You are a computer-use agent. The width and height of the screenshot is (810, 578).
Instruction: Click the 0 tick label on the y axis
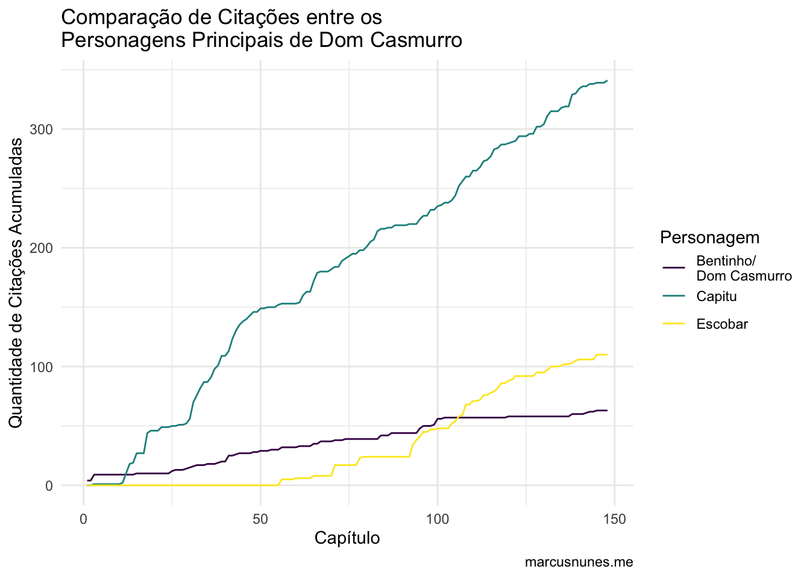(49, 485)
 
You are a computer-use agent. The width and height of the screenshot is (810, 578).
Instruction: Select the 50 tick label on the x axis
(260, 518)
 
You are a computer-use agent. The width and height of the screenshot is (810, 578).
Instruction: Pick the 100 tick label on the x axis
(437, 518)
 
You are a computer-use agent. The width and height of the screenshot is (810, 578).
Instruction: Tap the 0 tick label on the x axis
(83, 518)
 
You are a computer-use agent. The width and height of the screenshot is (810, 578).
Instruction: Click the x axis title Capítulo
(347, 538)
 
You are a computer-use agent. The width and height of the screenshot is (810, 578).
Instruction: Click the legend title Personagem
(709, 237)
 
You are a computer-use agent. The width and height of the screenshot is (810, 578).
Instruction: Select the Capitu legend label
(716, 296)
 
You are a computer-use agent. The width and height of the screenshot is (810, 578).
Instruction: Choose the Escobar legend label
(722, 324)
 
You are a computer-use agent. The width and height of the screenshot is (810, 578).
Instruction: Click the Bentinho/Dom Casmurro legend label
(744, 269)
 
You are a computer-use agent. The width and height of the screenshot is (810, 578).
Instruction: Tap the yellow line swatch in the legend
(674, 324)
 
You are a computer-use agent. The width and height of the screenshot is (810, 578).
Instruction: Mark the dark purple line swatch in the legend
(674, 269)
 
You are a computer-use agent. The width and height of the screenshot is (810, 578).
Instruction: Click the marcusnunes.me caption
(579, 562)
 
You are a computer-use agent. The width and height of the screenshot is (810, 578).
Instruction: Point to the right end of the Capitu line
(607, 81)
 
